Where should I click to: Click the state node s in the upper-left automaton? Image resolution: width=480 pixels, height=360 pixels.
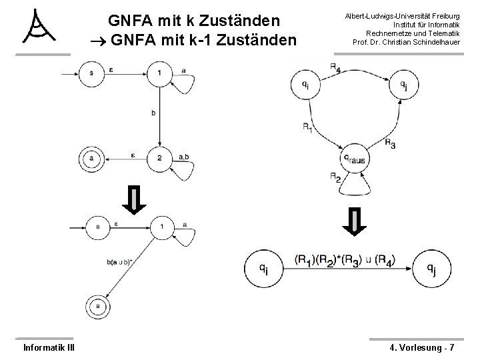tap(91, 72)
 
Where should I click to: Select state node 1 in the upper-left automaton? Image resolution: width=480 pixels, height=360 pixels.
tap(159, 72)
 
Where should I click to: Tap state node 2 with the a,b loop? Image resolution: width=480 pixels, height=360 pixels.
tap(159, 158)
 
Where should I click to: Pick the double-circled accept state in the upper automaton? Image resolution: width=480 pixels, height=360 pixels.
tap(91, 158)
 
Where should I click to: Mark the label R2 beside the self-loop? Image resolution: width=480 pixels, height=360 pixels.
tap(336, 177)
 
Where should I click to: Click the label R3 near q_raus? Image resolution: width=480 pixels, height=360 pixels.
tap(390, 145)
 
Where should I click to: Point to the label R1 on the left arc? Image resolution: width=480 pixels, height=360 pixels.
tap(307, 127)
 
